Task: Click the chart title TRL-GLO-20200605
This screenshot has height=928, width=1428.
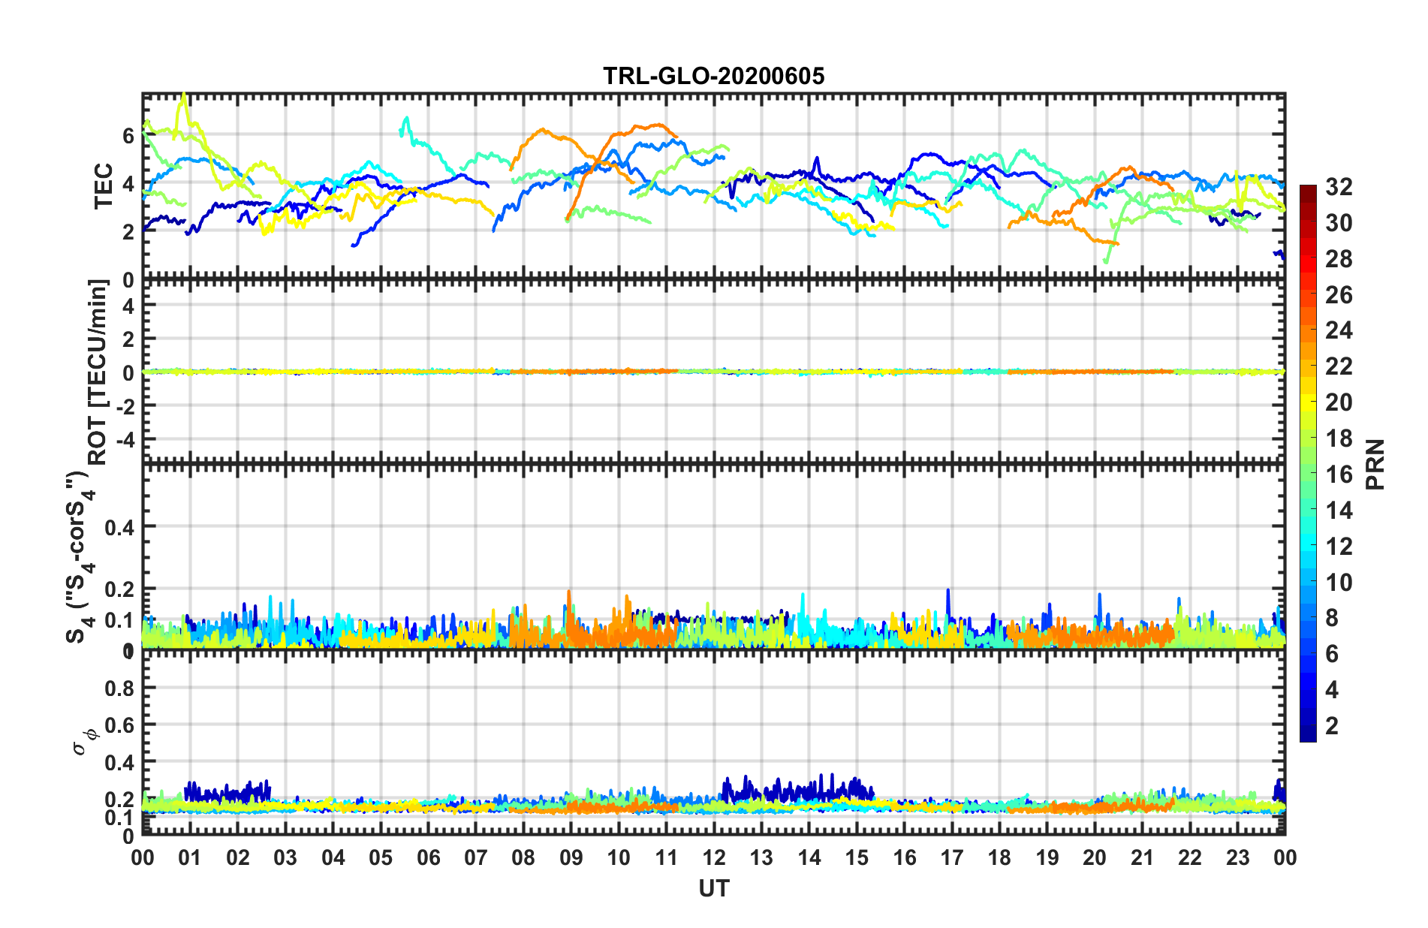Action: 713,76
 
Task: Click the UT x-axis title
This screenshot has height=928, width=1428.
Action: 713,889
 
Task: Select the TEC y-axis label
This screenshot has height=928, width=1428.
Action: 103,186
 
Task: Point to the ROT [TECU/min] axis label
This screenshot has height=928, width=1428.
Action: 98,372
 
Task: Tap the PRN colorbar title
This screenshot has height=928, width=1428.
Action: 1375,464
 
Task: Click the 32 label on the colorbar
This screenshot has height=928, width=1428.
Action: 1339,187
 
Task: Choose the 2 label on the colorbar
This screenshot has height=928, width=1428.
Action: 1332,725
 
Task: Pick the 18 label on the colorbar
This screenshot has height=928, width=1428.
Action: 1339,438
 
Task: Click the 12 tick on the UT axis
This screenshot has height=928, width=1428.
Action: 713,857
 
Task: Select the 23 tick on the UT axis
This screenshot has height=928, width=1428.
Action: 1237,857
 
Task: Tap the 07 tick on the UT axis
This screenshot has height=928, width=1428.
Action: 475,857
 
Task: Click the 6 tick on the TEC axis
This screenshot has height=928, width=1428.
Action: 128,136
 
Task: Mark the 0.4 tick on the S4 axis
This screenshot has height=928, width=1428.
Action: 119,527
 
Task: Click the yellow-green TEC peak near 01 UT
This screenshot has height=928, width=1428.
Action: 184,95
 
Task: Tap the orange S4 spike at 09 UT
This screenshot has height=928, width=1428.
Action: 568,592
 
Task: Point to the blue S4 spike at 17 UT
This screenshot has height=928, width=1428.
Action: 947,590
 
